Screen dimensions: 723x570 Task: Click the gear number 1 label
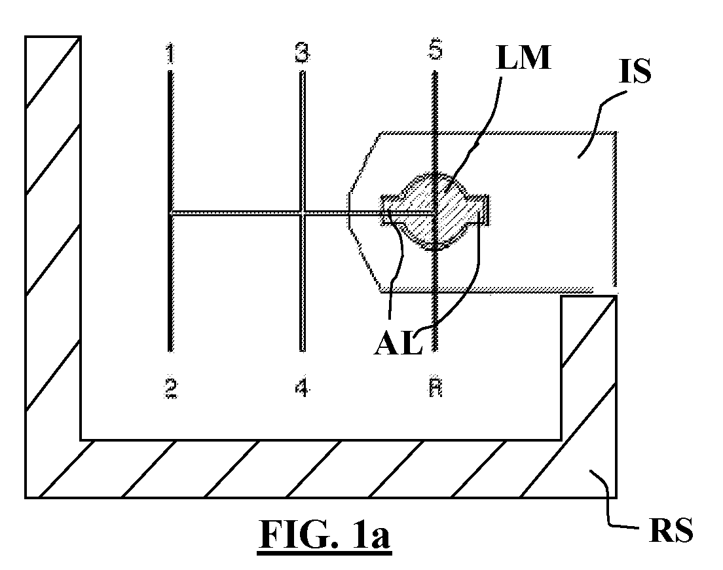[171, 53]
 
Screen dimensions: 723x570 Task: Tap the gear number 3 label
[302, 52]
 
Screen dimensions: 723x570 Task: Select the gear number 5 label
[436, 49]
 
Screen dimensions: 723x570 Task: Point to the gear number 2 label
[171, 389]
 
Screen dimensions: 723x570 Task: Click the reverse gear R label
[436, 388]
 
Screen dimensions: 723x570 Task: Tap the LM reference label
[523, 58]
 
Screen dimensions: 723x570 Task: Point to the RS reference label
[671, 530]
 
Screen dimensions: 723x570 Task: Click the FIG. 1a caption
[325, 534]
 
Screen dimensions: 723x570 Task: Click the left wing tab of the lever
[391, 210]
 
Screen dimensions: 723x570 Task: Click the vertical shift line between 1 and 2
[171, 211]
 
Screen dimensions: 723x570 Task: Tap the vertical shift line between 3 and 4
[302, 211]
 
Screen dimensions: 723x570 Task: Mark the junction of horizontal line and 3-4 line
[302, 212]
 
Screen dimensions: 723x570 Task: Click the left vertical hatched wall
[53, 237]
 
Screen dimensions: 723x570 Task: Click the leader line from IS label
[599, 123]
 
